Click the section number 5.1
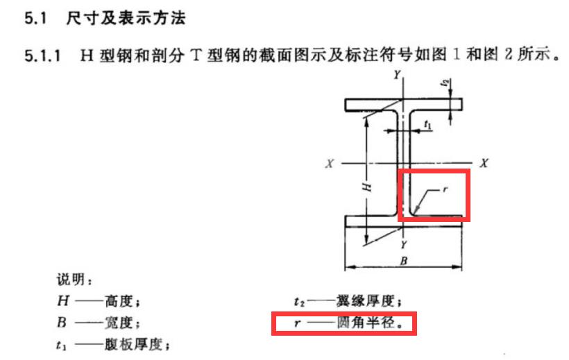click(x=35, y=18)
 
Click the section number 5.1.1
click(x=42, y=56)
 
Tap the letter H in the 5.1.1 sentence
click(x=87, y=55)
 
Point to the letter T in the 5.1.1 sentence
click(x=196, y=55)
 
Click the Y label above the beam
click(x=398, y=75)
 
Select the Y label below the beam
click(x=404, y=245)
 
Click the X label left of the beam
click(x=329, y=163)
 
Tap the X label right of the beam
click(x=484, y=163)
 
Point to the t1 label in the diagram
click(x=428, y=125)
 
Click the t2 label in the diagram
click(x=445, y=83)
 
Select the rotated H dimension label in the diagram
click(x=367, y=187)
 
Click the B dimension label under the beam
click(x=404, y=261)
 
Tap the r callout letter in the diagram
click(x=445, y=189)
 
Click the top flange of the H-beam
click(x=403, y=105)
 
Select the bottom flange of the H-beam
click(x=403, y=221)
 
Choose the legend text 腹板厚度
click(x=133, y=345)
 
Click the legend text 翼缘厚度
click(x=364, y=301)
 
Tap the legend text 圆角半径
click(x=366, y=323)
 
